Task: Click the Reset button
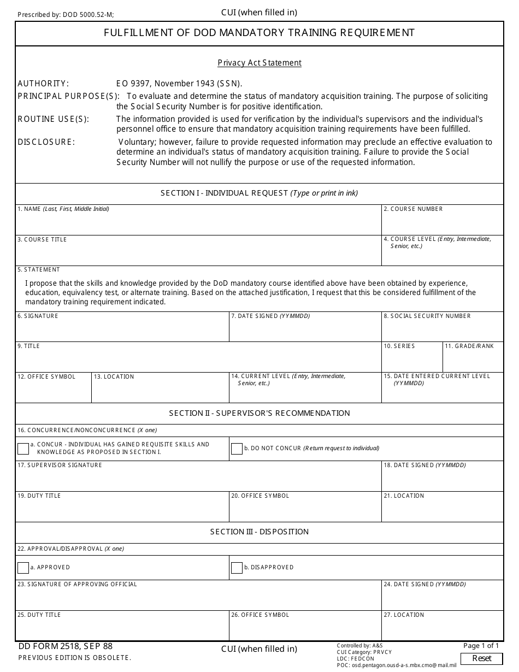coord(481,658)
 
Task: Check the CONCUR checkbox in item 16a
coord(23,449)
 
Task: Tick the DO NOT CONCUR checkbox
coord(237,449)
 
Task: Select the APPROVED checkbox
coord(23,568)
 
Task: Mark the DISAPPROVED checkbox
coord(237,568)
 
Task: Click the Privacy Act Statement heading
coord(259,63)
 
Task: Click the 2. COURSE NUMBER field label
coord(413,209)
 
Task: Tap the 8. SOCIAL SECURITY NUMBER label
coord(427,316)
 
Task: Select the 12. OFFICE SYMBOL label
coord(46,377)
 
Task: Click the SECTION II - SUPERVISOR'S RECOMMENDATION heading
coord(259,414)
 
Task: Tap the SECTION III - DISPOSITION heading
coord(259,532)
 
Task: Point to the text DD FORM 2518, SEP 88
coord(66,646)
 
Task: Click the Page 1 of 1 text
coord(481,646)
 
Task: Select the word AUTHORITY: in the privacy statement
coord(43,84)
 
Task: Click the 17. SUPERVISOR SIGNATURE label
coord(60,465)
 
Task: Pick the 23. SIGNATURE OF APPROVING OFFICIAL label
coord(77,585)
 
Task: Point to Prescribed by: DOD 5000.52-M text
coord(66,15)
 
